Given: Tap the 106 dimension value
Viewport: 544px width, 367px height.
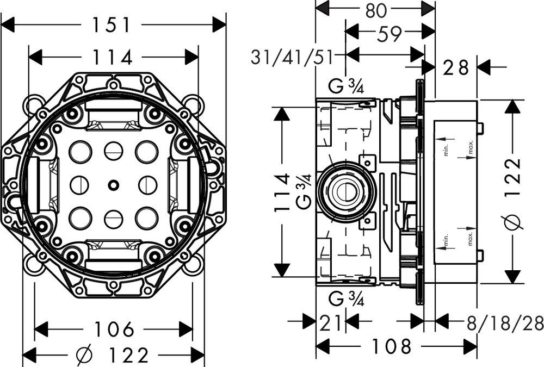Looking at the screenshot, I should (114, 329).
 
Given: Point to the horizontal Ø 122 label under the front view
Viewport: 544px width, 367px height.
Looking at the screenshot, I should (113, 356).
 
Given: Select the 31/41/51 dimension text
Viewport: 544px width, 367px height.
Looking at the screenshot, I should (292, 57).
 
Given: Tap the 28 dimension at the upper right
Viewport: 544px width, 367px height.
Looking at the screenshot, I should (455, 68).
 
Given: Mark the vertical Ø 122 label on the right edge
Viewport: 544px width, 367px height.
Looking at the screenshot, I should (515, 193).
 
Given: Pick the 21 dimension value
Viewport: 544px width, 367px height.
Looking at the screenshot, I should (330, 322).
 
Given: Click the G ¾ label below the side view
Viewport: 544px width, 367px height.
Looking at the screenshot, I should (347, 298).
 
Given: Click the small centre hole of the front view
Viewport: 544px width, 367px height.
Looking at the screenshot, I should (113, 185).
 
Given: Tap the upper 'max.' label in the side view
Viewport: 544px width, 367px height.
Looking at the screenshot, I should (471, 146).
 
